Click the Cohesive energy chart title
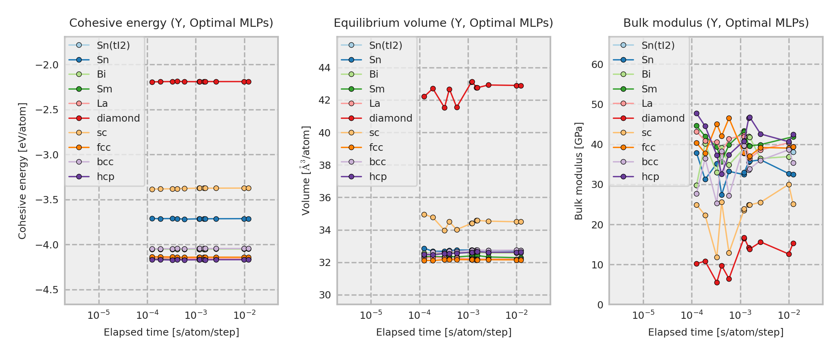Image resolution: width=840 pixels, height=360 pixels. pyautogui.click(x=171, y=23)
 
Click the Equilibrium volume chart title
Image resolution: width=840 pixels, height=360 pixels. pyautogui.click(x=443, y=23)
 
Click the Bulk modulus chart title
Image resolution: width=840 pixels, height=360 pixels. pyautogui.click(x=716, y=23)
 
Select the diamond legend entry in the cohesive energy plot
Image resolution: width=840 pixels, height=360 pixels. pyautogui.click(x=118, y=118)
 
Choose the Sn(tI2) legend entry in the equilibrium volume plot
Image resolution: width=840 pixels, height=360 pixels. pyautogui.click(x=385, y=46)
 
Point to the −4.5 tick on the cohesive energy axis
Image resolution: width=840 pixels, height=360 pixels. pyautogui.click(x=47, y=290)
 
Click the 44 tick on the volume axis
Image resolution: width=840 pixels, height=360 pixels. pyautogui.click(x=324, y=68)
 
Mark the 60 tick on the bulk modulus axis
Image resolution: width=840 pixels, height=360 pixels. pyautogui.click(x=597, y=65)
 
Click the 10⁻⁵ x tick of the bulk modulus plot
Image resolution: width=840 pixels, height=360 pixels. pyautogui.click(x=643, y=315)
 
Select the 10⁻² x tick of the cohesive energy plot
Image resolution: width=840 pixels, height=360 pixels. pyautogui.click(x=244, y=315)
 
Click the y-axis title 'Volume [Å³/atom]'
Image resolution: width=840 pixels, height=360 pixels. pyautogui.click(x=306, y=170)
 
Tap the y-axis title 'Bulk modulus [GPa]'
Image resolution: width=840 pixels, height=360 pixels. pyautogui.click(x=578, y=170)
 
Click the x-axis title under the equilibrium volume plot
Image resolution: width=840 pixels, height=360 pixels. pyautogui.click(x=444, y=332)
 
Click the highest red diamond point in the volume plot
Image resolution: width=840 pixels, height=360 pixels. pyautogui.click(x=472, y=82)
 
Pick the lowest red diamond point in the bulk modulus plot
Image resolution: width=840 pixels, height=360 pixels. pyautogui.click(x=717, y=282)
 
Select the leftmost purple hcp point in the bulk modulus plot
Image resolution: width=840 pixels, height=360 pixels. pyautogui.click(x=696, y=114)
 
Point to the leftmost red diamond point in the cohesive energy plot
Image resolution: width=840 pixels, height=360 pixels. pyautogui.click(x=152, y=82)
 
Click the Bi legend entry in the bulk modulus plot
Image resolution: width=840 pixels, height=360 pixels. pyautogui.click(x=646, y=74)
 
